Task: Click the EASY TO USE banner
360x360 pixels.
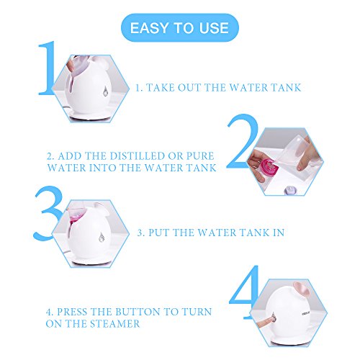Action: pos(180,27)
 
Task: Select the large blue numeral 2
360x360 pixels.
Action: pos(242,141)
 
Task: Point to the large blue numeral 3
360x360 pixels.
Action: pos(48,213)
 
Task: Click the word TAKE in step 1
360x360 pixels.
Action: pos(160,88)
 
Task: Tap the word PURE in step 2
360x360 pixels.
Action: pos(200,156)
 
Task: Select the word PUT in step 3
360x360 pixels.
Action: pos(159,233)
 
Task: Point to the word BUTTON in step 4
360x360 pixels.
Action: pos(138,312)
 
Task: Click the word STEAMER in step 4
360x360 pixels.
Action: pos(116,324)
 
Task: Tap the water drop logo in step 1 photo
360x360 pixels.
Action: pos(105,91)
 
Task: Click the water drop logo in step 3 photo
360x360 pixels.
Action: pos(102,237)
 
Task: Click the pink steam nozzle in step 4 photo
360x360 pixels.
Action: pos(302,290)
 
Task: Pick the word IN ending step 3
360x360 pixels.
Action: pos(279,233)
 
